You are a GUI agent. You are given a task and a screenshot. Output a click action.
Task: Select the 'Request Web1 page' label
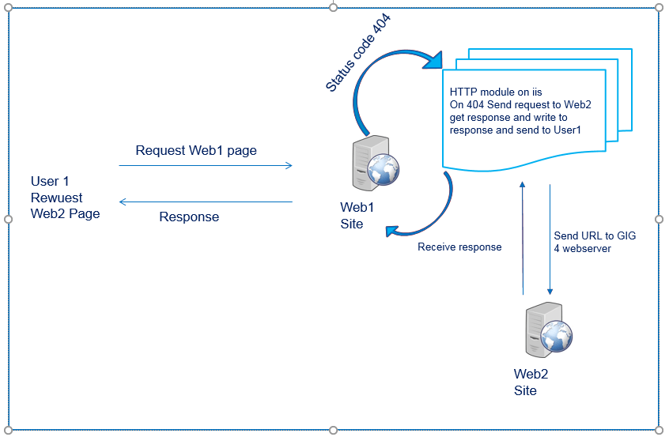pyautogui.click(x=196, y=150)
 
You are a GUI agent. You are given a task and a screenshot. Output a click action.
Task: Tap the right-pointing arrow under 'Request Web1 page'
pyautogui.click(x=206, y=166)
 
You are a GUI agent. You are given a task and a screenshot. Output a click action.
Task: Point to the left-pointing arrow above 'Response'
pyautogui.click(x=206, y=202)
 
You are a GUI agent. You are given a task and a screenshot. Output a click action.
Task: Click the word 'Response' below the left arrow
pyautogui.click(x=189, y=217)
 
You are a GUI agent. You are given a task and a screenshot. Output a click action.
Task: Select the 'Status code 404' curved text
pyautogui.click(x=360, y=53)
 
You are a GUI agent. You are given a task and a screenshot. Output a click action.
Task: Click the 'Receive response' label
pyautogui.click(x=459, y=247)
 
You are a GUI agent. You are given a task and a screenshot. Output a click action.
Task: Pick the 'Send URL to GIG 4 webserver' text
pyautogui.click(x=595, y=242)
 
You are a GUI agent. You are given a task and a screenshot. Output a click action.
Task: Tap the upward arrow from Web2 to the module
pyautogui.click(x=523, y=237)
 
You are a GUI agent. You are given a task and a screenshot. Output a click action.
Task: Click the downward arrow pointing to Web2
pyautogui.click(x=550, y=237)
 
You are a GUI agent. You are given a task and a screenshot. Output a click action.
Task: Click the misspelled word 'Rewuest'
pyautogui.click(x=56, y=198)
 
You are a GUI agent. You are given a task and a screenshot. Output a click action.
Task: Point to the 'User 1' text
pyautogui.click(x=50, y=182)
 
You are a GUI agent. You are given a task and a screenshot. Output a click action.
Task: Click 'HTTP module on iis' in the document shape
pyautogui.click(x=496, y=92)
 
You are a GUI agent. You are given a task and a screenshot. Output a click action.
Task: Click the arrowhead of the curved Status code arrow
pyautogui.click(x=435, y=60)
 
